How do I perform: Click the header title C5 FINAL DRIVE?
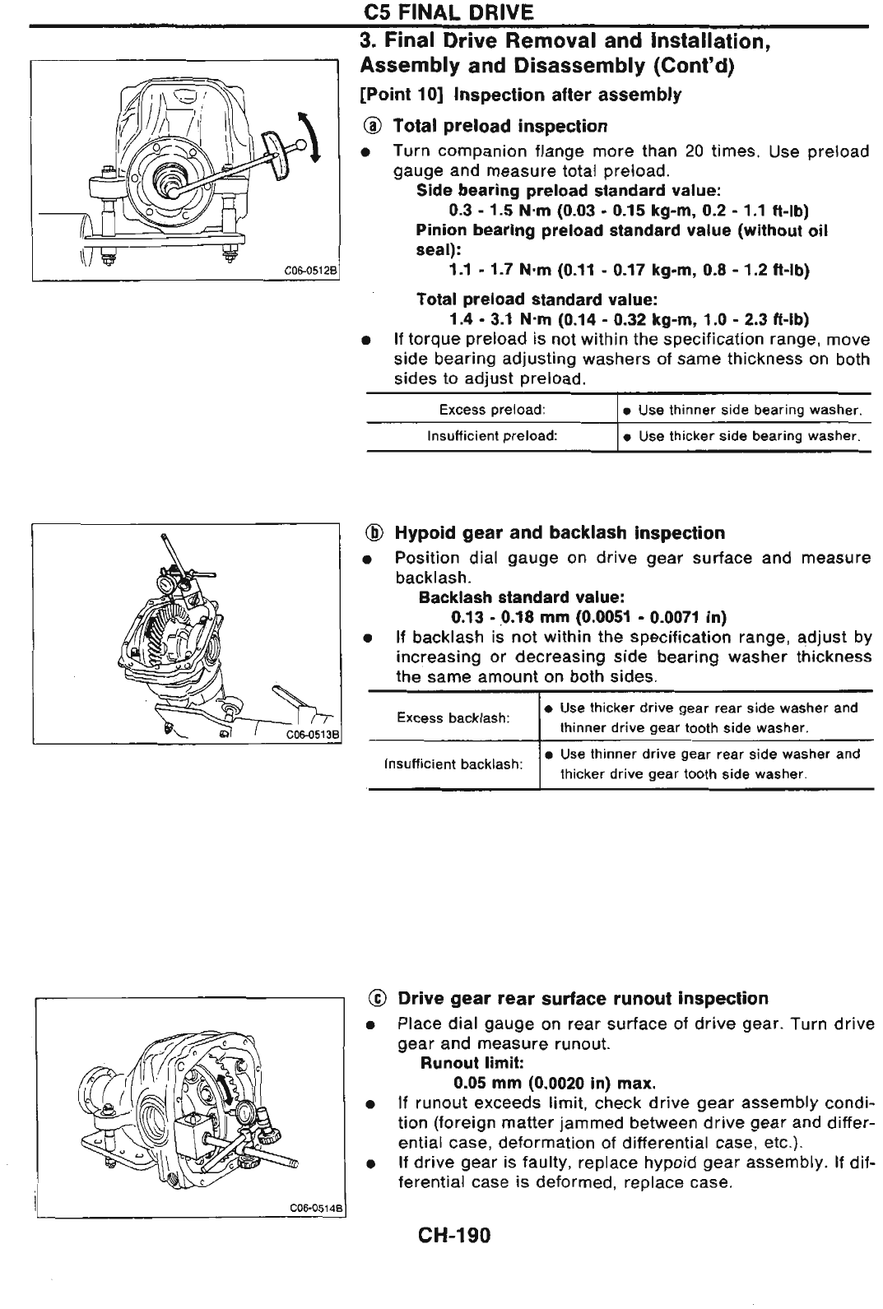448,12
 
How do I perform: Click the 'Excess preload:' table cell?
492,410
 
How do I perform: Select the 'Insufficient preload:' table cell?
492,436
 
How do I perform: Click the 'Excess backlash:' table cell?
453,717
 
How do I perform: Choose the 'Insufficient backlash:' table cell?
453,764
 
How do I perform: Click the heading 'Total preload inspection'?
500,126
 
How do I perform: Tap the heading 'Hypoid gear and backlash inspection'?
560,532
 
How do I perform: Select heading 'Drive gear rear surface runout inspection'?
583,998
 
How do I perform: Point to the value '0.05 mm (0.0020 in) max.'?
555,1083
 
